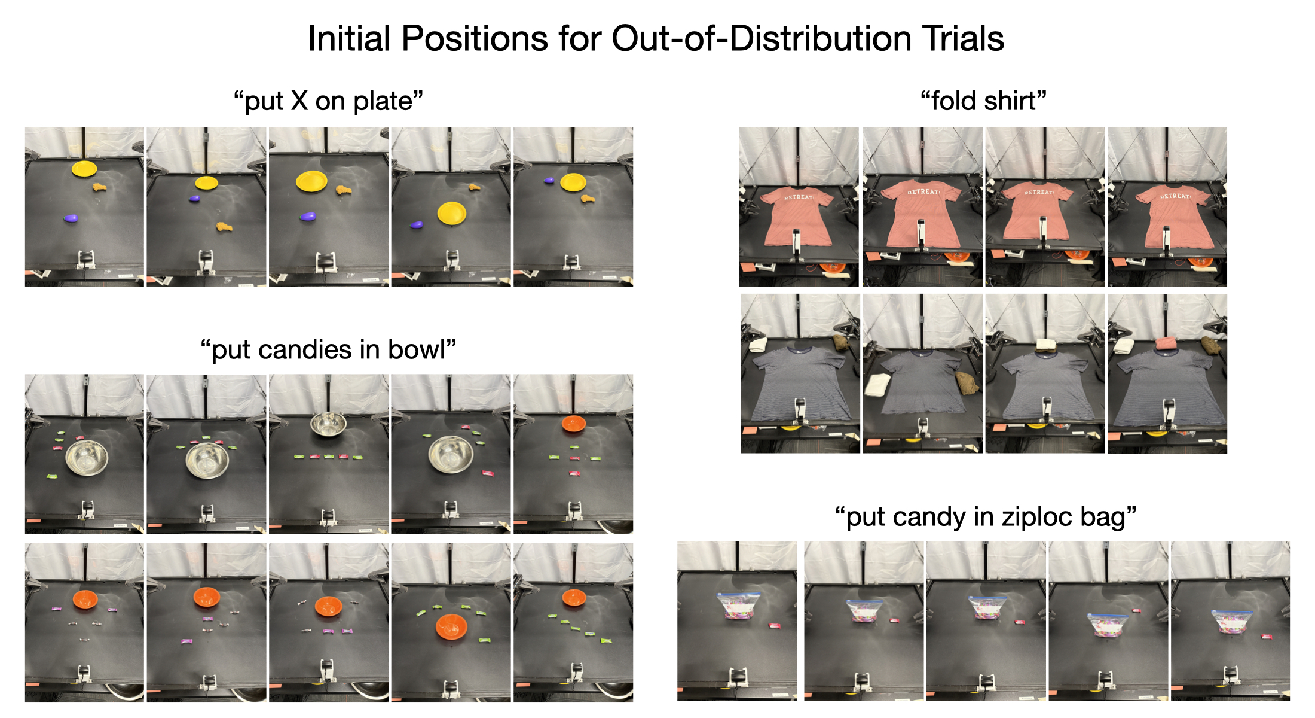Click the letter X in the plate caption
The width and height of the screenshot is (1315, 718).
(299, 101)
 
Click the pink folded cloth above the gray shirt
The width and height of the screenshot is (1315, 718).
(1166, 343)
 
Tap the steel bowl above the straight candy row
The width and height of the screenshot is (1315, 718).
(328, 424)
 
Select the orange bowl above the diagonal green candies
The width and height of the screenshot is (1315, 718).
(574, 597)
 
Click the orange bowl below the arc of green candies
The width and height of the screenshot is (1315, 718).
(451, 626)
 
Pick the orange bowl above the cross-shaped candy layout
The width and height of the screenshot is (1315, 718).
(574, 424)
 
